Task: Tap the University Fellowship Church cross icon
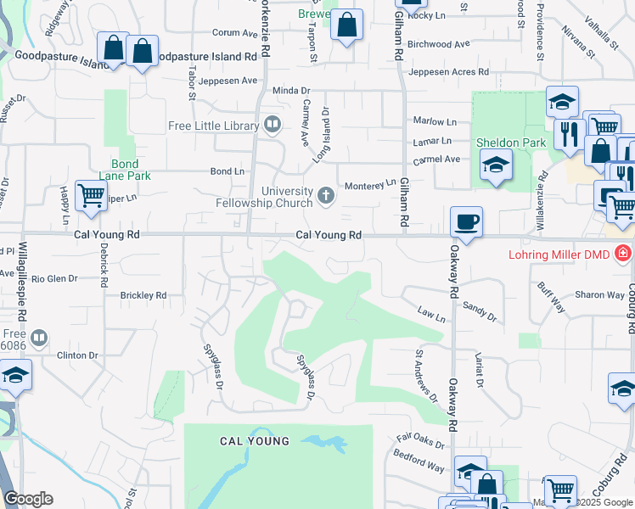click(x=325, y=197)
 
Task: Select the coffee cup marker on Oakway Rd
click(x=466, y=223)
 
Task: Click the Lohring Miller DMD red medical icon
click(x=623, y=253)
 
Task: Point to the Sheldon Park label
click(x=510, y=143)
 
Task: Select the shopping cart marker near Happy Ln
click(x=91, y=196)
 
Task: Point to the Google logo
click(x=28, y=499)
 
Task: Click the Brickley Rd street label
click(x=143, y=295)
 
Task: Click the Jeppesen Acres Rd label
click(x=447, y=72)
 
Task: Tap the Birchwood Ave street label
click(x=438, y=44)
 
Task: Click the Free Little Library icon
click(x=273, y=126)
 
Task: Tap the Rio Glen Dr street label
click(x=54, y=277)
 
